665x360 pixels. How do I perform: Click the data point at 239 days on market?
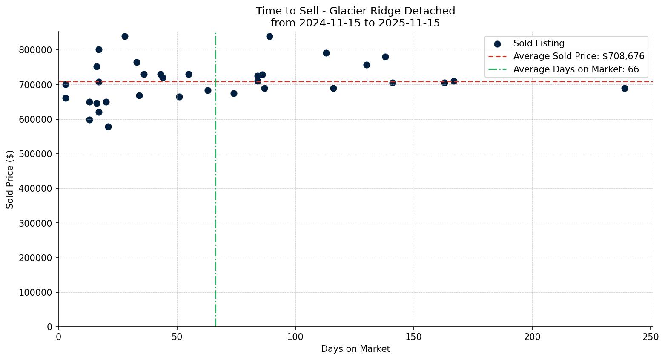coord(625,88)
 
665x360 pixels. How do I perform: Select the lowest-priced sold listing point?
coord(108,127)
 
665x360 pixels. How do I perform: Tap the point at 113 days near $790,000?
coord(326,53)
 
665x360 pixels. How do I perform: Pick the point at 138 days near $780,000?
coord(385,57)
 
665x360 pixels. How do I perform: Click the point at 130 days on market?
coord(367,65)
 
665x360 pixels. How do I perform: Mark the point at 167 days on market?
coord(454,81)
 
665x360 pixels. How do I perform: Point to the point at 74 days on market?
coord(234,93)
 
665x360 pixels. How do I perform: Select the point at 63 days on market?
coord(208,90)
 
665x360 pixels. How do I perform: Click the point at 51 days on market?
coord(179,97)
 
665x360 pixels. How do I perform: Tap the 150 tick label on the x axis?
coord(414,337)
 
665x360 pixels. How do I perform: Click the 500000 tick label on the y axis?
coord(35,154)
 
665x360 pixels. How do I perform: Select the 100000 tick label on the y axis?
coord(35,292)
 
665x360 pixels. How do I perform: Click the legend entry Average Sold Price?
coord(579,56)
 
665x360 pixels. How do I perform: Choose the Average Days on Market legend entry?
coord(576,69)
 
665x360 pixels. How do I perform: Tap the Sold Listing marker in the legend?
coord(497,43)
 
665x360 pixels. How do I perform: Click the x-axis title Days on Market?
coord(355,349)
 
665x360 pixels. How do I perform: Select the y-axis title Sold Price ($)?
coord(10,179)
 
